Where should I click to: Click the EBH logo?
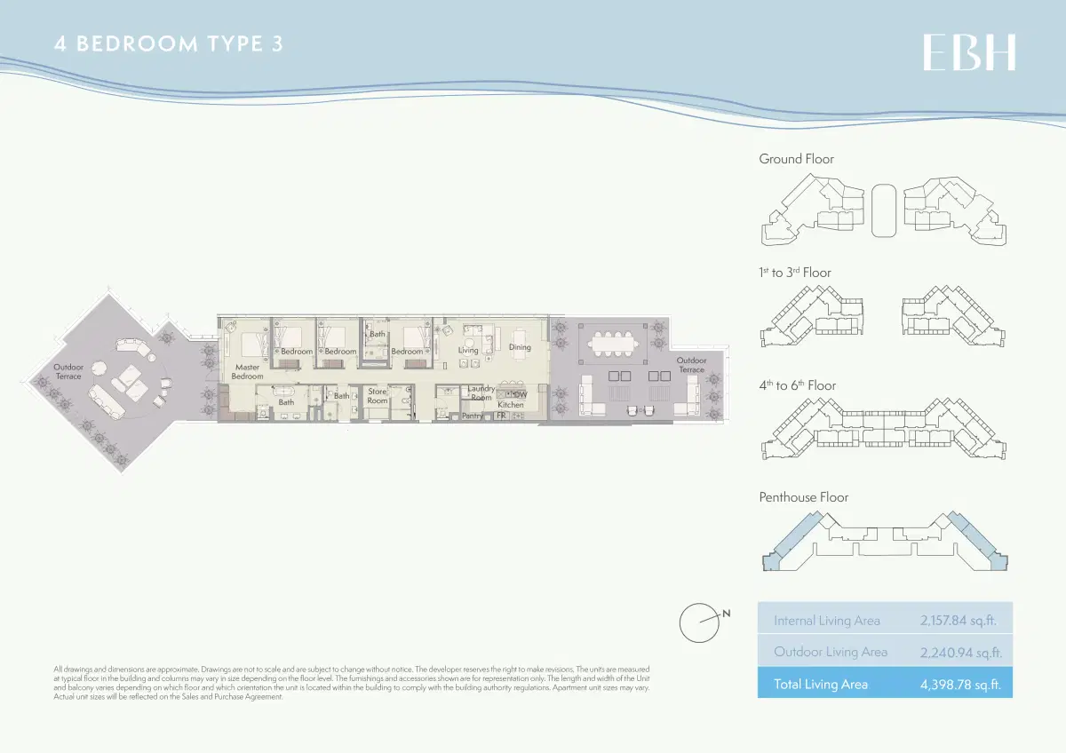point(969,52)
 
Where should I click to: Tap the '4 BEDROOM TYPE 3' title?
point(169,44)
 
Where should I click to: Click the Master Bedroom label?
point(248,371)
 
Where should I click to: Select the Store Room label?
point(378,396)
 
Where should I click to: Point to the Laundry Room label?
point(481,392)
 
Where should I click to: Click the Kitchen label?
point(511,405)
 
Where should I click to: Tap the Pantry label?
point(473,416)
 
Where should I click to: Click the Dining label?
point(520,347)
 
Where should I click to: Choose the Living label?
point(468,350)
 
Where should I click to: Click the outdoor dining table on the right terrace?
point(609,342)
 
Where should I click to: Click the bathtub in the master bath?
point(286,392)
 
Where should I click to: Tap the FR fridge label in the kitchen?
point(501,416)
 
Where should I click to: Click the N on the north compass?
point(726,613)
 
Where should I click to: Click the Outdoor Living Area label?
point(831,652)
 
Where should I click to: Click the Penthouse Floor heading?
point(803,497)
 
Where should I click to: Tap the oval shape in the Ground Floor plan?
point(884,210)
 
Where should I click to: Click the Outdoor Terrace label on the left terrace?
point(68,371)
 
